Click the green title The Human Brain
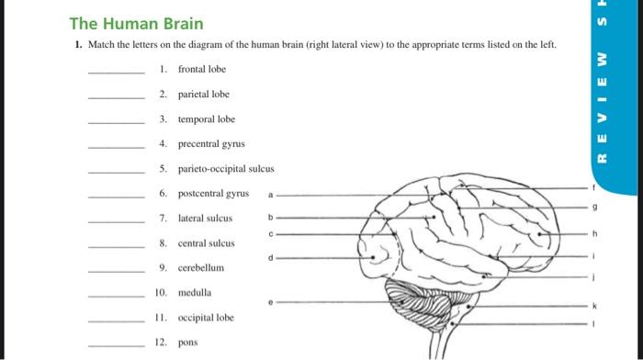(136, 24)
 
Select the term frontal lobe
(202, 69)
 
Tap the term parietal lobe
(203, 95)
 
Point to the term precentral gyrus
(211, 144)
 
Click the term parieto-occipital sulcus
(226, 169)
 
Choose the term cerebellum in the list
(201, 268)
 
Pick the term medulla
(195, 293)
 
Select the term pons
(187, 343)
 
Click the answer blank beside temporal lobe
(117, 123)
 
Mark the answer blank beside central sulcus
(117, 247)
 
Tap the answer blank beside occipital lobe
(117, 321)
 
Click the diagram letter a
(270, 196)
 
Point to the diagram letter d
(270, 258)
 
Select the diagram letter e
(270, 302)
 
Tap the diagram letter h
(594, 233)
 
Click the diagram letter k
(594, 306)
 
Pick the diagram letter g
(595, 207)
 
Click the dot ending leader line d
(373, 257)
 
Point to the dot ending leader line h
(540, 234)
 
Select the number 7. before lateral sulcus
(164, 219)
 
